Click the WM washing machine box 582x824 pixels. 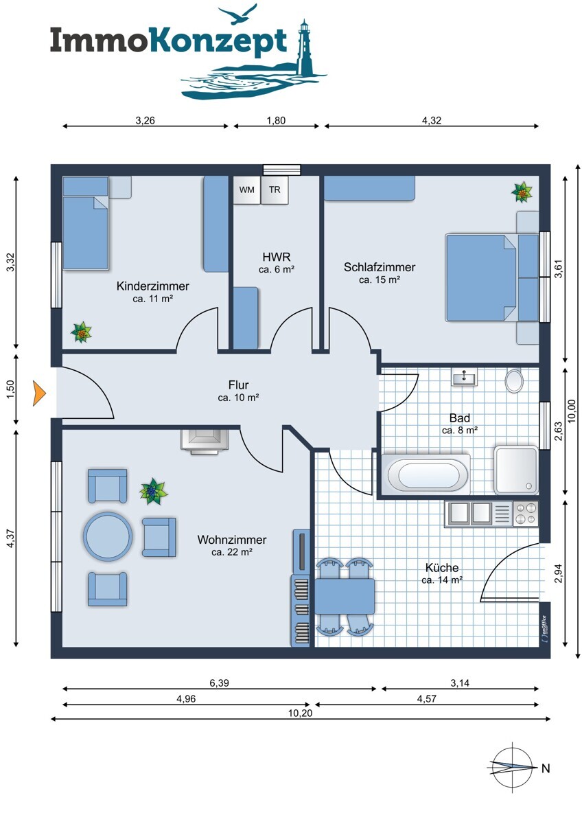point(246,190)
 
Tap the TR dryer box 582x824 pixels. point(275,190)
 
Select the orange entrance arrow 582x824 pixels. point(39,393)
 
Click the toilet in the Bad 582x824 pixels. point(514,380)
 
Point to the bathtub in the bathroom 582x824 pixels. point(426,474)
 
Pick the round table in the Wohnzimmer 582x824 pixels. point(108,537)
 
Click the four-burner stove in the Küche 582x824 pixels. point(526,513)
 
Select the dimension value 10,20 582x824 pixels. point(300,713)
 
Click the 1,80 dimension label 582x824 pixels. point(276,120)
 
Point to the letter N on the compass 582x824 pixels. point(546,768)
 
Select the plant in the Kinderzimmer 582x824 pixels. point(81,332)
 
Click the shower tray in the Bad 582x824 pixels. point(516,470)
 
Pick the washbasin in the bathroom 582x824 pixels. point(465,376)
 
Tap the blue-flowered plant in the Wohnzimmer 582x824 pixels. point(153,491)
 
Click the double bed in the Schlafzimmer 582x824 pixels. point(492,277)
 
